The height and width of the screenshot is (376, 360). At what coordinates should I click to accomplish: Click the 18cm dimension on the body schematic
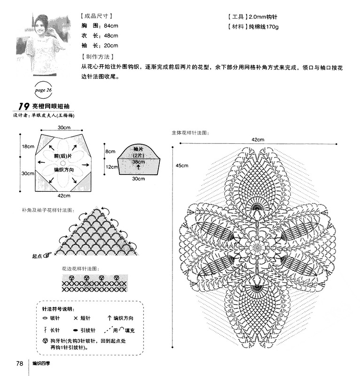pos(27,147)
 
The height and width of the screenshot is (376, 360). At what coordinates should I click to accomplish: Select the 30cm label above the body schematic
pos(65,128)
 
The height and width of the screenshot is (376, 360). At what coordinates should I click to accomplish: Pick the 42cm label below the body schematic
pos(64,196)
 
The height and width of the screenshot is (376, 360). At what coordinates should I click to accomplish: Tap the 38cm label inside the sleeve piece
pos(138,162)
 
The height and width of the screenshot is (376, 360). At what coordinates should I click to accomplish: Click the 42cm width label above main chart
pos(258,140)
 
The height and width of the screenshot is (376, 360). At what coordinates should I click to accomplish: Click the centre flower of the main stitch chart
pos(257,246)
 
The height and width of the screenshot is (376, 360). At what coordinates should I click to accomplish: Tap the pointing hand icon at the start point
pos(48,256)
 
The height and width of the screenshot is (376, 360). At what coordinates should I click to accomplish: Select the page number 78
pos(20,363)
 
